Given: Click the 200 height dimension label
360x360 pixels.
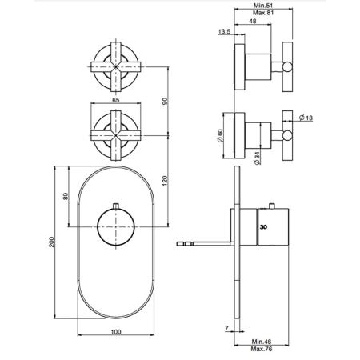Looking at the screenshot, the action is click(51, 242).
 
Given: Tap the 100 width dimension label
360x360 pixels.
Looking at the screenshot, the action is click(116, 332).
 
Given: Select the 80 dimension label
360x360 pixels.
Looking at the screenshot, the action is click(66, 196).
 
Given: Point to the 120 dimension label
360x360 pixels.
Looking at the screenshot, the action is click(165, 181).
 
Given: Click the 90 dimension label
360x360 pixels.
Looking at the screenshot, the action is click(166, 102).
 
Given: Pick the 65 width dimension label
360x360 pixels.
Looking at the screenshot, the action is click(116, 100).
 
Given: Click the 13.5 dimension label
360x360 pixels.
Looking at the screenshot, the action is click(224, 32).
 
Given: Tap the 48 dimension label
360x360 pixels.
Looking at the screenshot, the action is click(253, 22).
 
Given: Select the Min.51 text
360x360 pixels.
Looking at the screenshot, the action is click(263, 6).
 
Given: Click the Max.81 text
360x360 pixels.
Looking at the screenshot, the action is click(263, 13).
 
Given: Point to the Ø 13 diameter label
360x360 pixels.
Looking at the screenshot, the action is click(306, 118).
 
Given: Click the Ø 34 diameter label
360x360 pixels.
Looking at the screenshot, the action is click(257, 158).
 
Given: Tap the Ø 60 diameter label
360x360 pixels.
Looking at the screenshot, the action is click(220, 136).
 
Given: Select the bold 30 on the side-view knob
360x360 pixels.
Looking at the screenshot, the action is click(263, 227).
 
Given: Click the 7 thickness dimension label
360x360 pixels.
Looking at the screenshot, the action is click(227, 328).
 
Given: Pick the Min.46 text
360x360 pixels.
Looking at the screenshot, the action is click(262, 342).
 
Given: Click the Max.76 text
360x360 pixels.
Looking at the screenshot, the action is click(262, 349).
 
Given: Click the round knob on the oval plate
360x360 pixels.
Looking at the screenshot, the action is click(116, 226).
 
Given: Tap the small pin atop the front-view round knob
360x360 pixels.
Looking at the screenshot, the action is click(116, 206).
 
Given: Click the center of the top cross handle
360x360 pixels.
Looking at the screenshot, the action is click(116, 66).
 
